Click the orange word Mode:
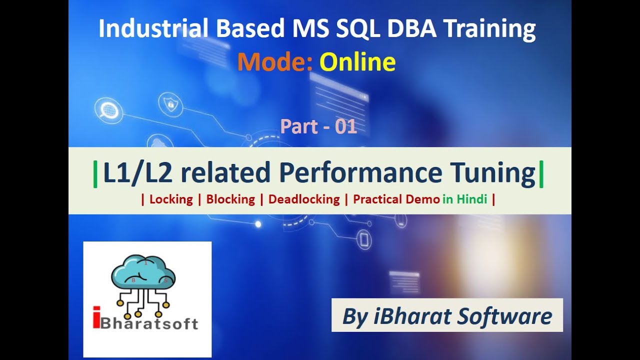[275, 62]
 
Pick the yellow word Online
[357, 62]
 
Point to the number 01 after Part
[346, 126]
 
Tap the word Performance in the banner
[360, 173]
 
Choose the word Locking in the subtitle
[171, 199]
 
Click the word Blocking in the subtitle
[230, 199]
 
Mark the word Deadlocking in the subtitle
[304, 199]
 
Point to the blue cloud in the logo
[143, 272]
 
